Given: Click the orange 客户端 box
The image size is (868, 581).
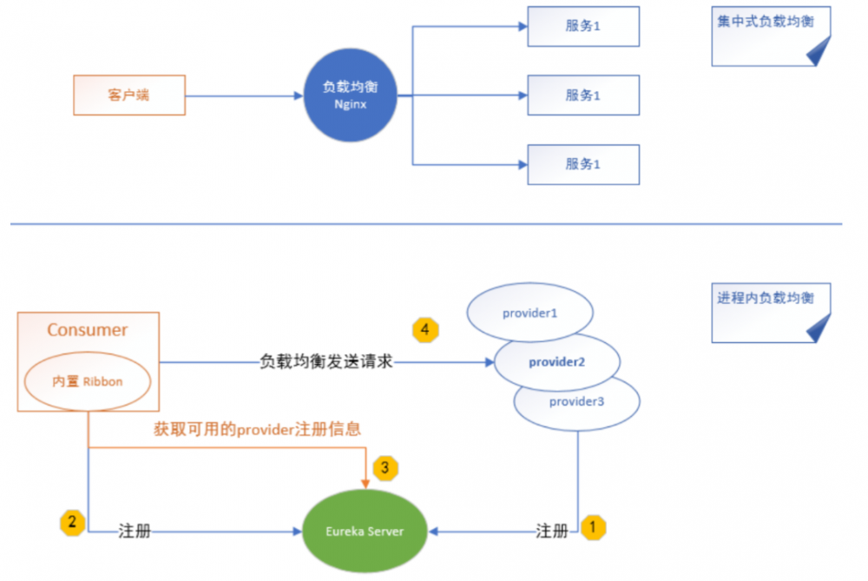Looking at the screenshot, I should [x=128, y=95].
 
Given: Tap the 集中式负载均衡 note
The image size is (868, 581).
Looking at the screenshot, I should [x=766, y=36].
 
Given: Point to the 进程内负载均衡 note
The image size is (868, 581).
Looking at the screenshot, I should [x=766, y=312].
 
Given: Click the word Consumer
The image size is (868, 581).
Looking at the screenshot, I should [x=87, y=330].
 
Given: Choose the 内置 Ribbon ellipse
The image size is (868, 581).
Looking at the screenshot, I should [x=88, y=381].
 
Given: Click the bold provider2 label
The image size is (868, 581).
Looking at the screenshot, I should [x=556, y=361].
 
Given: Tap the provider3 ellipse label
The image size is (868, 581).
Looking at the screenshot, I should [x=576, y=402].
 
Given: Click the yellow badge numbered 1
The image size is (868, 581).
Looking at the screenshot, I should [x=593, y=526].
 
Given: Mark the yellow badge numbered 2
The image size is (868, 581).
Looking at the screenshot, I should [x=72, y=523].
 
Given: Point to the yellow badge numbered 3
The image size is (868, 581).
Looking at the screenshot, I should [x=385, y=469].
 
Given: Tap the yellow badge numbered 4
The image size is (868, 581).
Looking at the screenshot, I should [x=425, y=330].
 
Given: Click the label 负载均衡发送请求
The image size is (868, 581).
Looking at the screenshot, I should [x=326, y=361].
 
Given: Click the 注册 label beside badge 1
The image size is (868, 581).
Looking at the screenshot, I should [x=552, y=531].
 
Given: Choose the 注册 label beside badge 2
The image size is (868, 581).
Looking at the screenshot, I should [x=135, y=531].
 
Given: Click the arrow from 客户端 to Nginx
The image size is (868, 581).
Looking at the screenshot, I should [x=243, y=96].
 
